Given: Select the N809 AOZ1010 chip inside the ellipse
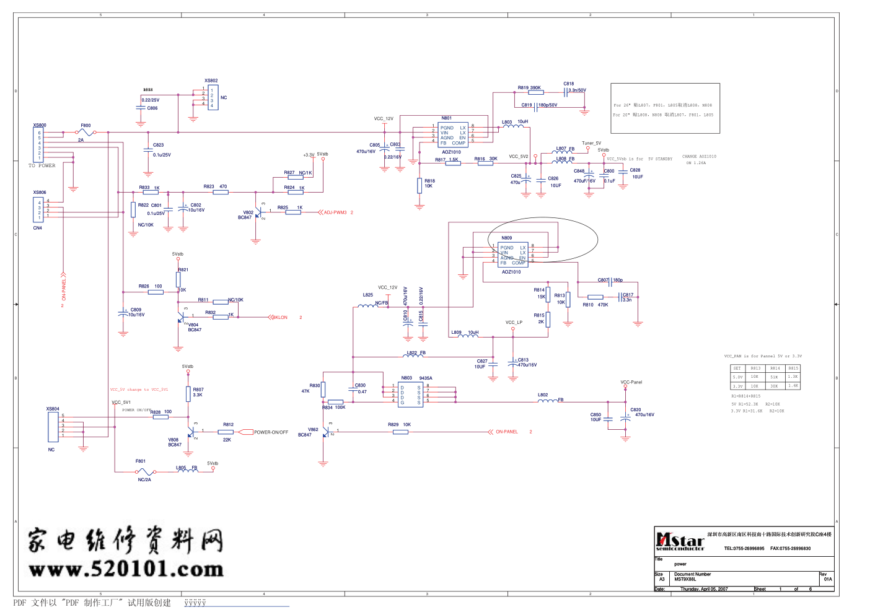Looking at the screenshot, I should click(514, 255).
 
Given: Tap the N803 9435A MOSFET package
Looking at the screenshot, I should click(410, 393).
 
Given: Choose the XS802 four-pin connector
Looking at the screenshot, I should click(213, 98).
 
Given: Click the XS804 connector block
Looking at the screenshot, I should click(53, 425).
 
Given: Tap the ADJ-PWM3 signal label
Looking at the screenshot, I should click(335, 212).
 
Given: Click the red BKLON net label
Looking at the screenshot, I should click(281, 318).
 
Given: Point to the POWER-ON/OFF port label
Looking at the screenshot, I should click(271, 432).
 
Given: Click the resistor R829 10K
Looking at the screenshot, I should click(400, 432).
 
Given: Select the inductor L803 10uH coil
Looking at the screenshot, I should click(512, 126).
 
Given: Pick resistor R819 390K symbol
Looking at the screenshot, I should click(536, 92).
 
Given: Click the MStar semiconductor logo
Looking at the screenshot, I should click(680, 541).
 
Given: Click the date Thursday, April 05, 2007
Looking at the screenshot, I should click(704, 589).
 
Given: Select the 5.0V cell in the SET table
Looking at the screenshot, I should click(737, 377).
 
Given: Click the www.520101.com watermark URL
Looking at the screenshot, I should click(126, 569).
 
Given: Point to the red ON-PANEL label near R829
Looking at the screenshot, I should click(506, 432).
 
